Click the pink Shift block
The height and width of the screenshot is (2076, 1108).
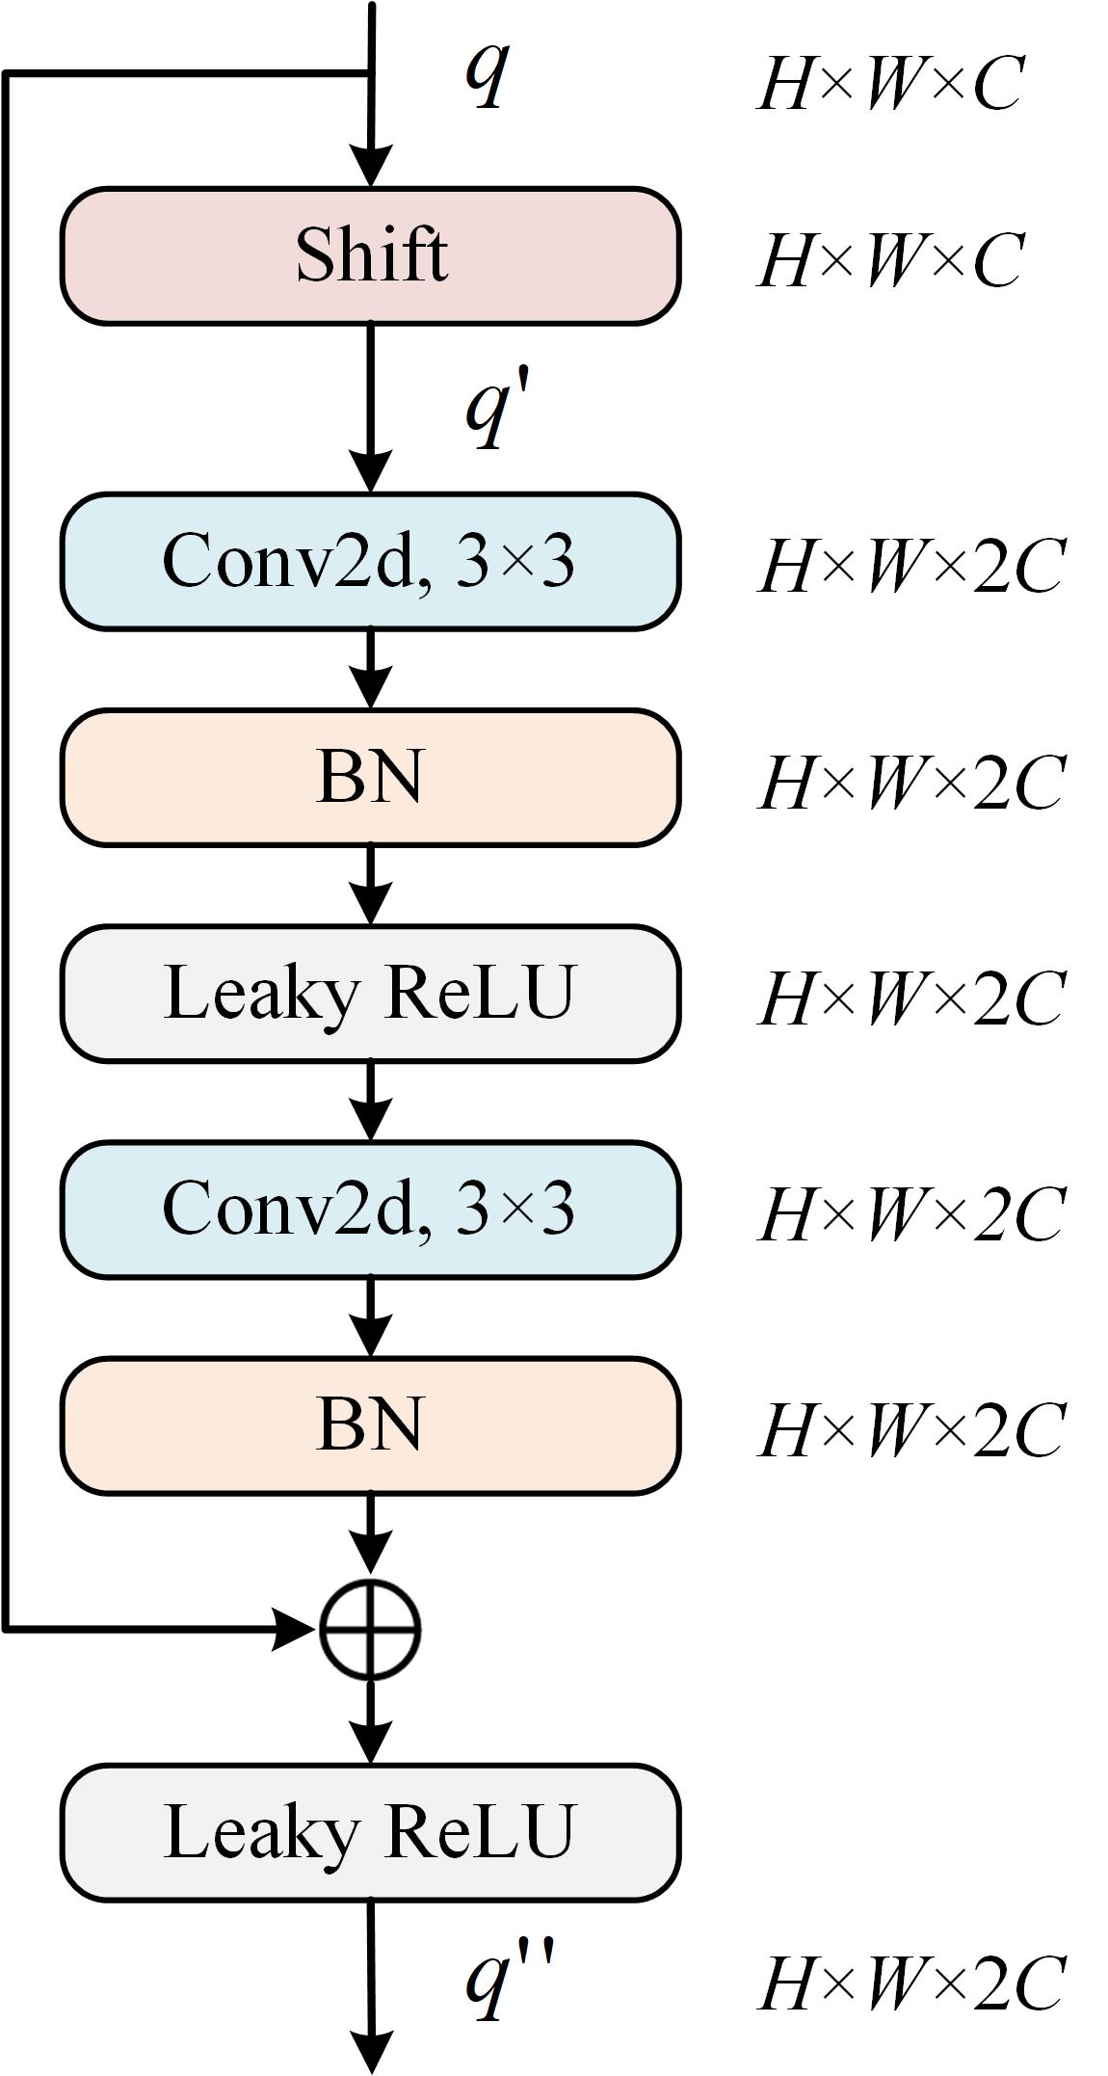(370, 256)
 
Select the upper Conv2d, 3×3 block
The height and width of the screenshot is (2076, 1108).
(370, 561)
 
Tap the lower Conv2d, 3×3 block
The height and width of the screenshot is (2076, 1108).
(370, 1210)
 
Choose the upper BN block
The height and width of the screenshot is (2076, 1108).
(370, 777)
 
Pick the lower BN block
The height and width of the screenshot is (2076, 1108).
(370, 1425)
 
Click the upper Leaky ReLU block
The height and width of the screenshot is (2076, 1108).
(370, 993)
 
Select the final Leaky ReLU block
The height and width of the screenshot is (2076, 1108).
(370, 1832)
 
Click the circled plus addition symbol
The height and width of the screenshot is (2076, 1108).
(370, 1629)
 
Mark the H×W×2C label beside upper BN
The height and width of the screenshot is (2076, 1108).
(911, 782)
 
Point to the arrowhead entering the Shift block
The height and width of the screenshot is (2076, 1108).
(371, 166)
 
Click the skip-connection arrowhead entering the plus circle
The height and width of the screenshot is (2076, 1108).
(294, 1629)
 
